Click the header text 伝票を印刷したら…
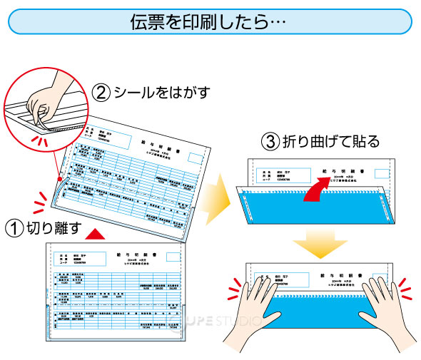(x=209, y=21)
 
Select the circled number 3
(x=270, y=140)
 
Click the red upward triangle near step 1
(x=99, y=233)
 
